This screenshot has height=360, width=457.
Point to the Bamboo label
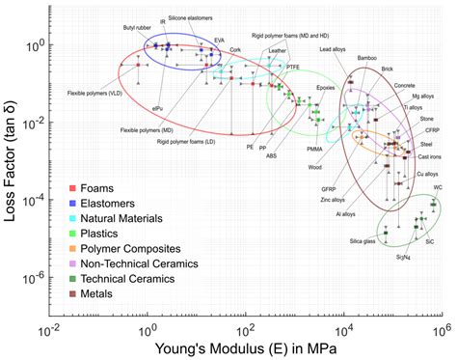coord(367,58)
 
